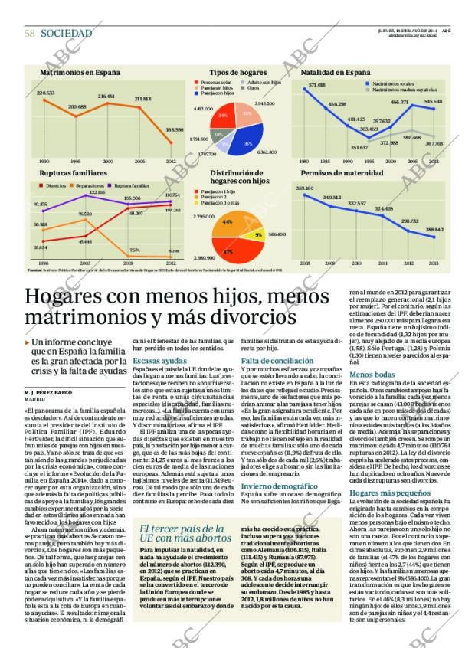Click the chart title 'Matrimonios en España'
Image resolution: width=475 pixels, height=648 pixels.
pyautogui.click(x=80, y=71)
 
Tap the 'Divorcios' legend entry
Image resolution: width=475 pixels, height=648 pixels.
pyautogui.click(x=54, y=185)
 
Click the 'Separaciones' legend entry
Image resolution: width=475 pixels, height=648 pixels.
pyautogui.click(x=93, y=185)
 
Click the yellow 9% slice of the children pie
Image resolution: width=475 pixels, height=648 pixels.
pyautogui.click(x=259, y=234)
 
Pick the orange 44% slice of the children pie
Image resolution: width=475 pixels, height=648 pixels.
pyautogui.click(x=229, y=222)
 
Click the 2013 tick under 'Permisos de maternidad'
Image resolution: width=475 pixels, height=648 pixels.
pyautogui.click(x=434, y=263)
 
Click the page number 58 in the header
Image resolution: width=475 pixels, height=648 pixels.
pyautogui.click(x=29, y=33)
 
